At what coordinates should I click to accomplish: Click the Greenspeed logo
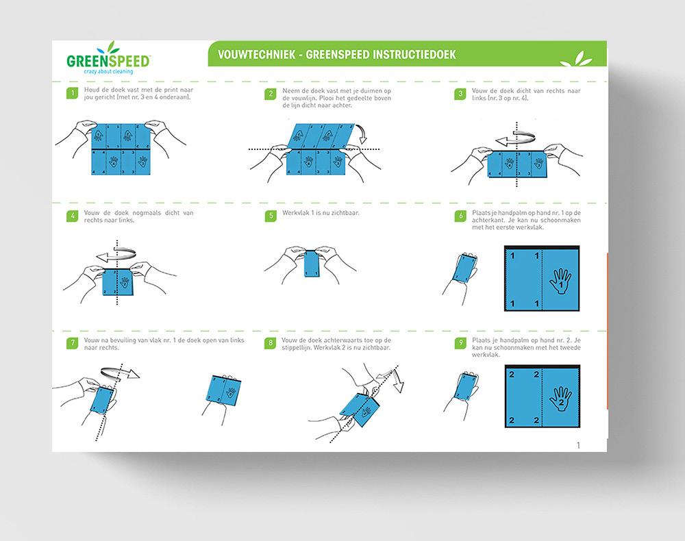pyautogui.click(x=108, y=59)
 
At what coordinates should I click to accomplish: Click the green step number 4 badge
pyautogui.click(x=71, y=216)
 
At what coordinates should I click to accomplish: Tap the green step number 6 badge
pyautogui.click(x=460, y=216)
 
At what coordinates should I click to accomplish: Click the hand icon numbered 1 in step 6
pyautogui.click(x=560, y=278)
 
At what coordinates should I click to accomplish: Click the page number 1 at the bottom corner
pyautogui.click(x=579, y=445)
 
